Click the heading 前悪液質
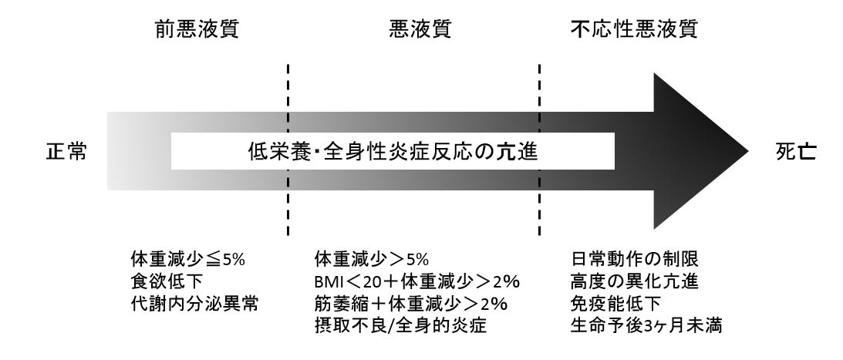197,29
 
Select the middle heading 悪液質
420,29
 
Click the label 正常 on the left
66,152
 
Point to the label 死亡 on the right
796,152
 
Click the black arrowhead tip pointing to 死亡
748,152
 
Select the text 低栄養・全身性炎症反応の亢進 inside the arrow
393,152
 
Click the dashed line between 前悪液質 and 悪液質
288,150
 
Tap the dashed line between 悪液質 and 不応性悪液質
539,150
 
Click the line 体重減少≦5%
187,260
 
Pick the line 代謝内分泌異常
194,304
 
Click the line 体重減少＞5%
372,260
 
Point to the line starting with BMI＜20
417,282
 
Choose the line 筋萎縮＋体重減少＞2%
411,304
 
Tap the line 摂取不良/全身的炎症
400,326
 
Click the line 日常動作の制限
635,260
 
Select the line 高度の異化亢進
635,282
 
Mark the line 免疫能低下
615,304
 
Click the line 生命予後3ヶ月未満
646,326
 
